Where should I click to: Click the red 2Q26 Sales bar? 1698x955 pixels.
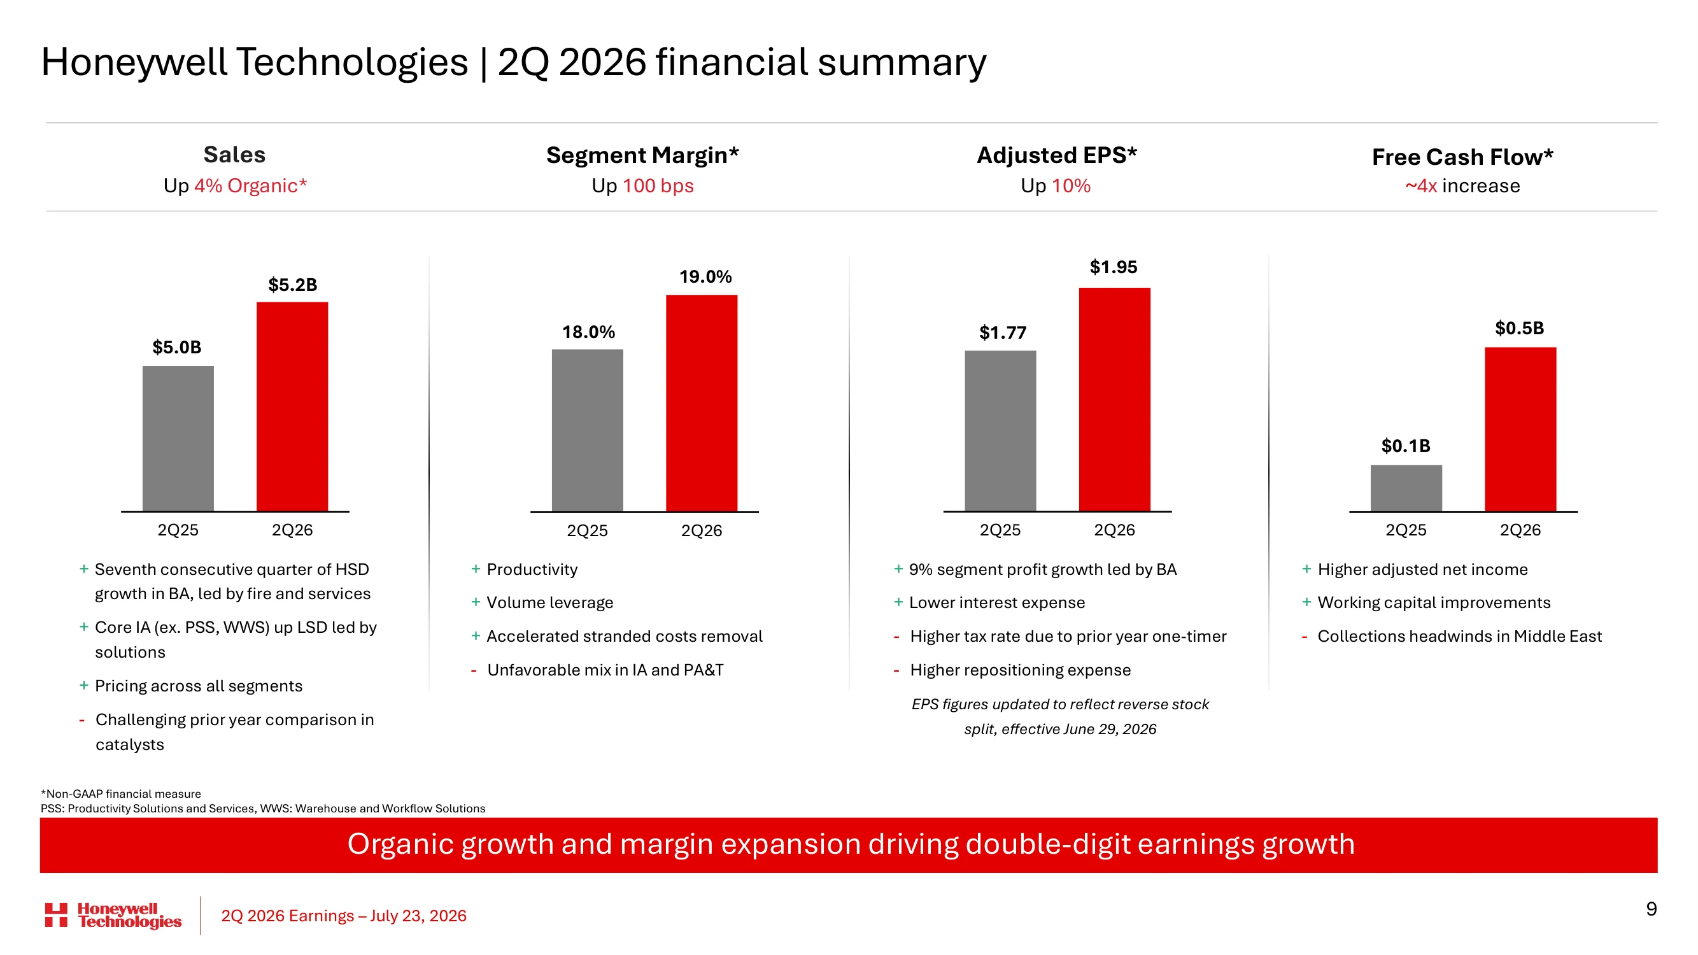292,406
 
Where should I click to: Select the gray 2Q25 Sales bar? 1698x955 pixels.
178,438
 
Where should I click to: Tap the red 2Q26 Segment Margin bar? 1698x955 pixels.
702,403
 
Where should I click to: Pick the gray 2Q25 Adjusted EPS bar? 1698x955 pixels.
1000,430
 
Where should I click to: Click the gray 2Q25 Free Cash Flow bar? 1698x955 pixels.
1406,488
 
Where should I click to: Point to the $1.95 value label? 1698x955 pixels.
1114,267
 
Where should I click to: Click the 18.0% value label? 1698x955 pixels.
588,332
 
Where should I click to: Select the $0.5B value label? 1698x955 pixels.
1519,329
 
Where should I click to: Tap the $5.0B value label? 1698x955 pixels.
176,348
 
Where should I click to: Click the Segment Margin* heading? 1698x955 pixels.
642,155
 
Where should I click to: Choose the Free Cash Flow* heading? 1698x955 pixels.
1462,157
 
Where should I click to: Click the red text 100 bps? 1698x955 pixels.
658,186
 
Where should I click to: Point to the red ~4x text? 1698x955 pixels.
1421,186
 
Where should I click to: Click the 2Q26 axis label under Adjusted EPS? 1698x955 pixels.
1114,530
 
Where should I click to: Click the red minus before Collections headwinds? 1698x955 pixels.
1305,637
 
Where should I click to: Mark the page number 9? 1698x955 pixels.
1650,910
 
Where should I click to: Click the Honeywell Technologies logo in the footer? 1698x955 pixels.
113,916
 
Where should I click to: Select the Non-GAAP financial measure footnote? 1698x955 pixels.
120,794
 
